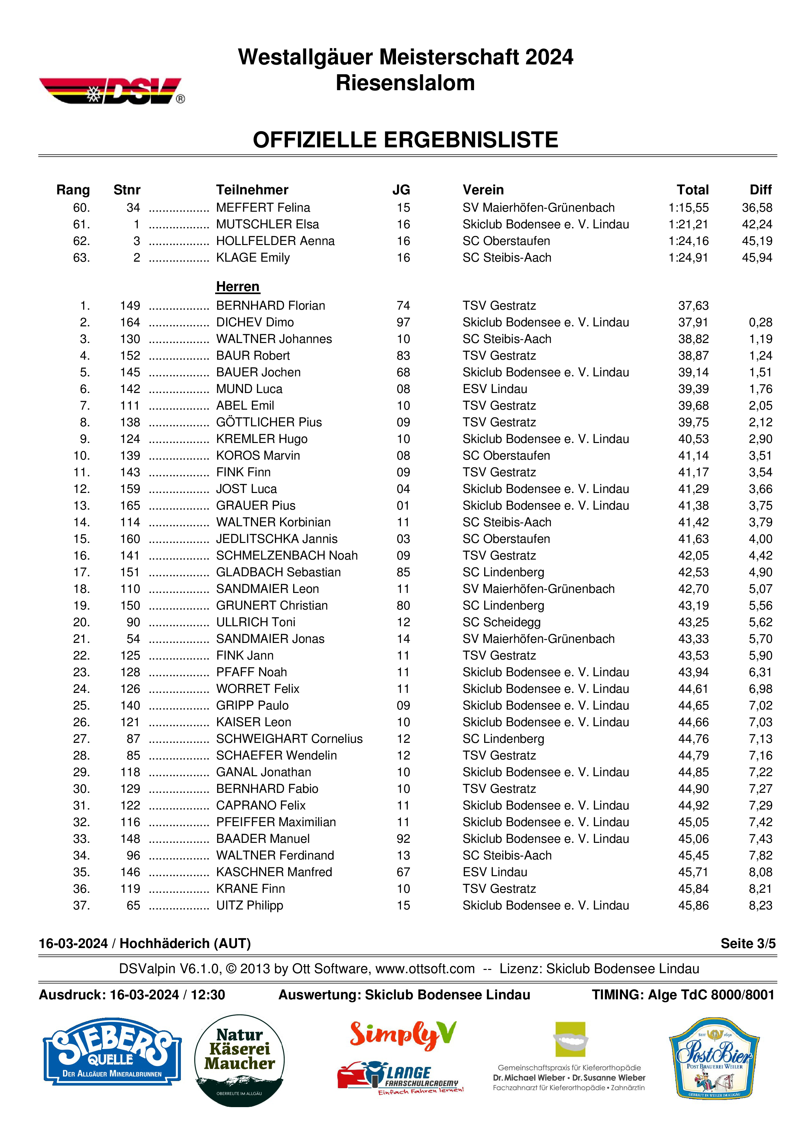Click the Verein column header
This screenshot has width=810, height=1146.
tap(483, 190)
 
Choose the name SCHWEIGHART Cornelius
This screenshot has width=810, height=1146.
tap(289, 739)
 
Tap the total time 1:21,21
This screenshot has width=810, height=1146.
tap(688, 224)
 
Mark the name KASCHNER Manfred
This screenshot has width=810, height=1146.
tap(274, 872)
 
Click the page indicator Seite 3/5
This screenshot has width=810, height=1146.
tap(748, 943)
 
